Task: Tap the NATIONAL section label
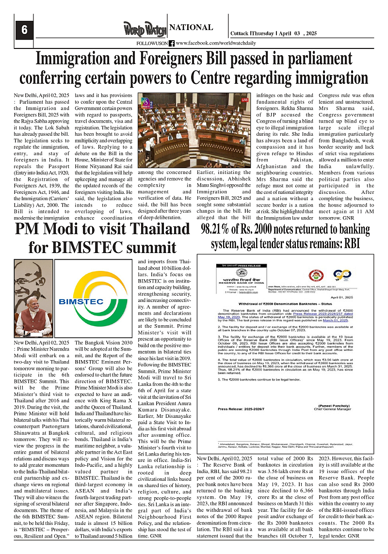point(191,28)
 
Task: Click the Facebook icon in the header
point(172,43)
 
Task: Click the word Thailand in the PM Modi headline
point(160,229)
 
